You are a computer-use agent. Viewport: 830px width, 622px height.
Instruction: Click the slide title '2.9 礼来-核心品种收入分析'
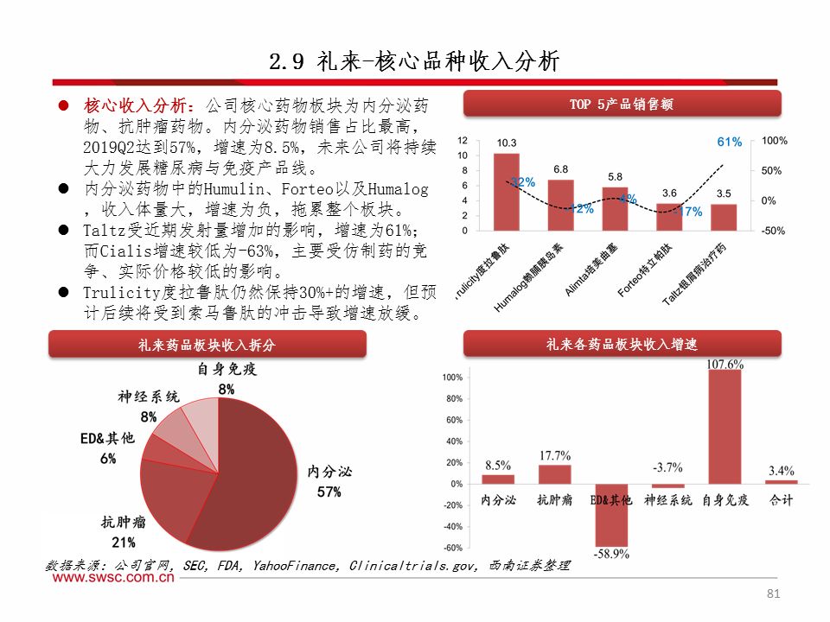click(415, 62)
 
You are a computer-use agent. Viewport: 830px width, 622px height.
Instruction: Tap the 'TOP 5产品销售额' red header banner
click(622, 105)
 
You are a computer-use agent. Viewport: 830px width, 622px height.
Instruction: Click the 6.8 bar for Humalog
click(560, 205)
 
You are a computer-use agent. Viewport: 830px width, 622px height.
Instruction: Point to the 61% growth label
click(730, 142)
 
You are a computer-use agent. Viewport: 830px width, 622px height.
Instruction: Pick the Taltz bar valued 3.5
click(724, 217)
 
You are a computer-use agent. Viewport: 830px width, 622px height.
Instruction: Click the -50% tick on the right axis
click(774, 231)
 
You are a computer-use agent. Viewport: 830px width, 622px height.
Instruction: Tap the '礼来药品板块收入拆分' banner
click(207, 345)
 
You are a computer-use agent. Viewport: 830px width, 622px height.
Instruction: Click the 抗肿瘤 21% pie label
click(123, 532)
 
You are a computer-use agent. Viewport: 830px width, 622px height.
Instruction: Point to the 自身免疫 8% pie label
click(227, 379)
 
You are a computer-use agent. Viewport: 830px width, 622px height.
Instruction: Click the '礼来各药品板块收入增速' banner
click(622, 344)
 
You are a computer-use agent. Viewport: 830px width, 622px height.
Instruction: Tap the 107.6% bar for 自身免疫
click(724, 428)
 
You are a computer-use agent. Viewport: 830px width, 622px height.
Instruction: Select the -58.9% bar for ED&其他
click(611, 515)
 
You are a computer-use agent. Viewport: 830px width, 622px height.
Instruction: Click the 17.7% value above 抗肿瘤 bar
click(554, 455)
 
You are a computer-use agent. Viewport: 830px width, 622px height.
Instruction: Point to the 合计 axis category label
click(782, 500)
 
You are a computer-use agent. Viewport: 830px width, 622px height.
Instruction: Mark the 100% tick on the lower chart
click(452, 378)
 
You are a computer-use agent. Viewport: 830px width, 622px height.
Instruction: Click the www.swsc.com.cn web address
click(112, 580)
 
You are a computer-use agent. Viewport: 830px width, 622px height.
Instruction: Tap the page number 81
click(773, 594)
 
